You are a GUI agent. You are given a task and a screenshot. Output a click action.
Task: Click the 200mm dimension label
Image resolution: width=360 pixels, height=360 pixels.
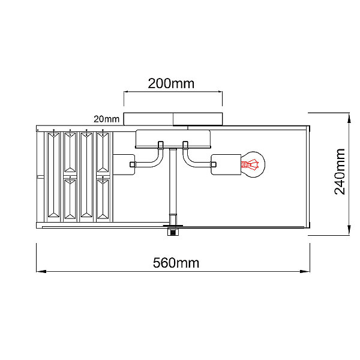coord(171,83)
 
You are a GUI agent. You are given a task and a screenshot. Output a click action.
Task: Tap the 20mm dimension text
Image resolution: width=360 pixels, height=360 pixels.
coord(107,119)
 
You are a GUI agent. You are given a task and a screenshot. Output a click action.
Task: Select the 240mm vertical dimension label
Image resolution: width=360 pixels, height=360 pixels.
coord(340,172)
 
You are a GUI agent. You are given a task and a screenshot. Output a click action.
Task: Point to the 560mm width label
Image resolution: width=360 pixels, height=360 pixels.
coord(176,263)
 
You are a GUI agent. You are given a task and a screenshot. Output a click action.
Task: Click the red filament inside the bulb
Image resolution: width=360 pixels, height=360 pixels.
coord(250,164)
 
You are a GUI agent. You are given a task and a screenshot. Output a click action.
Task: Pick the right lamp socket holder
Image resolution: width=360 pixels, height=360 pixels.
coord(226,164)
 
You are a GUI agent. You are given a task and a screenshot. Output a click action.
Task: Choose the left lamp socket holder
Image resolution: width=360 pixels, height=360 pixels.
coord(124,164)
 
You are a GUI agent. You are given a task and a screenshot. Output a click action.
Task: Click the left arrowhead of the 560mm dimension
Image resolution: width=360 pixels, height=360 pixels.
coord(41,271)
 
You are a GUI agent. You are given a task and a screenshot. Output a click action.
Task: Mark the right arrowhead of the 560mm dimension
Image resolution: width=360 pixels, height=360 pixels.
coord(305,271)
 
